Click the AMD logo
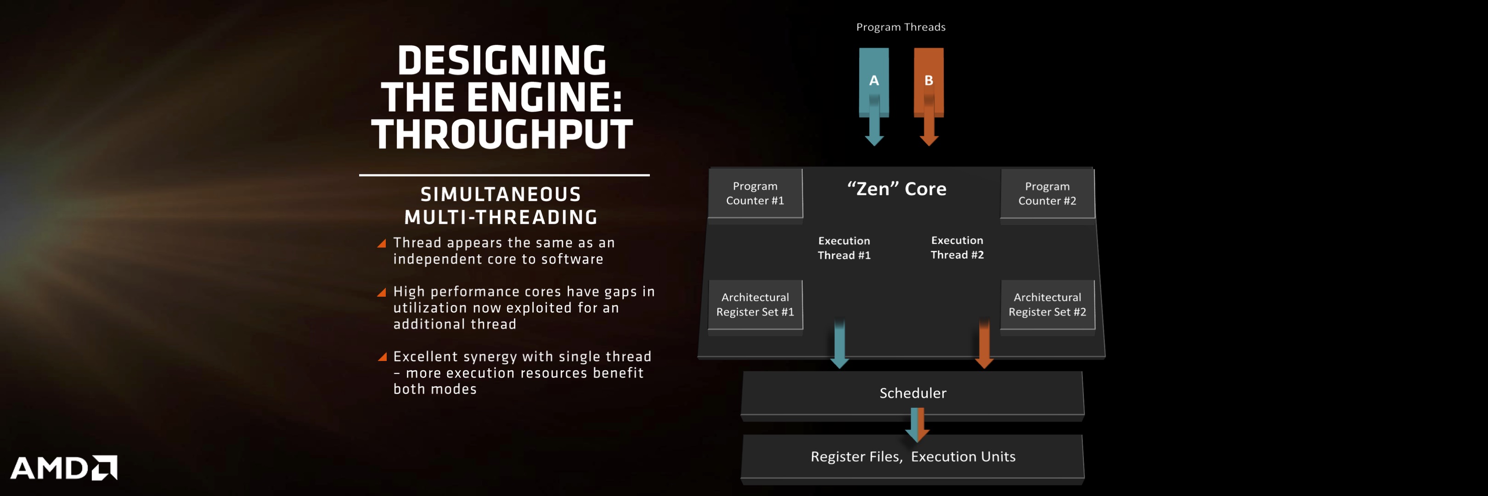(x=63, y=468)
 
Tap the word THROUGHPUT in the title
(x=502, y=134)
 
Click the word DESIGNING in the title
(x=502, y=60)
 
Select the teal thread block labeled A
(x=874, y=83)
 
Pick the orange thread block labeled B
(x=929, y=83)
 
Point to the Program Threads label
(x=901, y=27)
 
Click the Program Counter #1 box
(x=755, y=193)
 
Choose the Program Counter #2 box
(x=1047, y=193)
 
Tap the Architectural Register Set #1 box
(x=755, y=304)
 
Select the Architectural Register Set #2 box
(x=1047, y=304)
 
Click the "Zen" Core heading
(x=896, y=189)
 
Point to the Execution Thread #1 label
(x=844, y=248)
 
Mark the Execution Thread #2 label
(x=957, y=247)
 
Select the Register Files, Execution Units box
(x=913, y=457)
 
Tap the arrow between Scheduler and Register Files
(x=917, y=424)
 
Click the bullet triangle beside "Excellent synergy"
(x=382, y=357)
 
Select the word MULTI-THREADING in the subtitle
(x=501, y=217)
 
